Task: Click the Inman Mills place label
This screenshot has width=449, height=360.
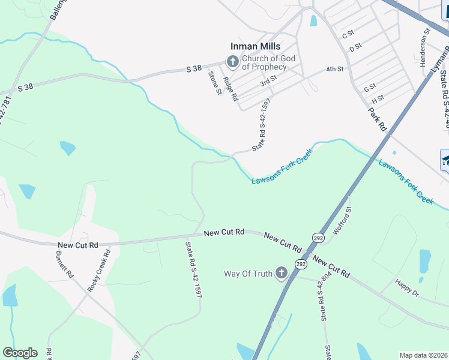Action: [256, 46]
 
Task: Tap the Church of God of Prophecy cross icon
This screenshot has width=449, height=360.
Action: [232, 61]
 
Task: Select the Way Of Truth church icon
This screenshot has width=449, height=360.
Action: [280, 274]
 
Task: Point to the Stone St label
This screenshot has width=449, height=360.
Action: [214, 82]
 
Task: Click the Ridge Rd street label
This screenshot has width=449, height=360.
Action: [231, 88]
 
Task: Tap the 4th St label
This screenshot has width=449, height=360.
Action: [334, 69]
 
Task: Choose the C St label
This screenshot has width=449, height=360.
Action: [348, 35]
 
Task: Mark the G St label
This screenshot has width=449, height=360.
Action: [370, 88]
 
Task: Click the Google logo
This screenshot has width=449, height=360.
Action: [20, 353]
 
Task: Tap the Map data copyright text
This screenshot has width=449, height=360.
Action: [423, 355]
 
